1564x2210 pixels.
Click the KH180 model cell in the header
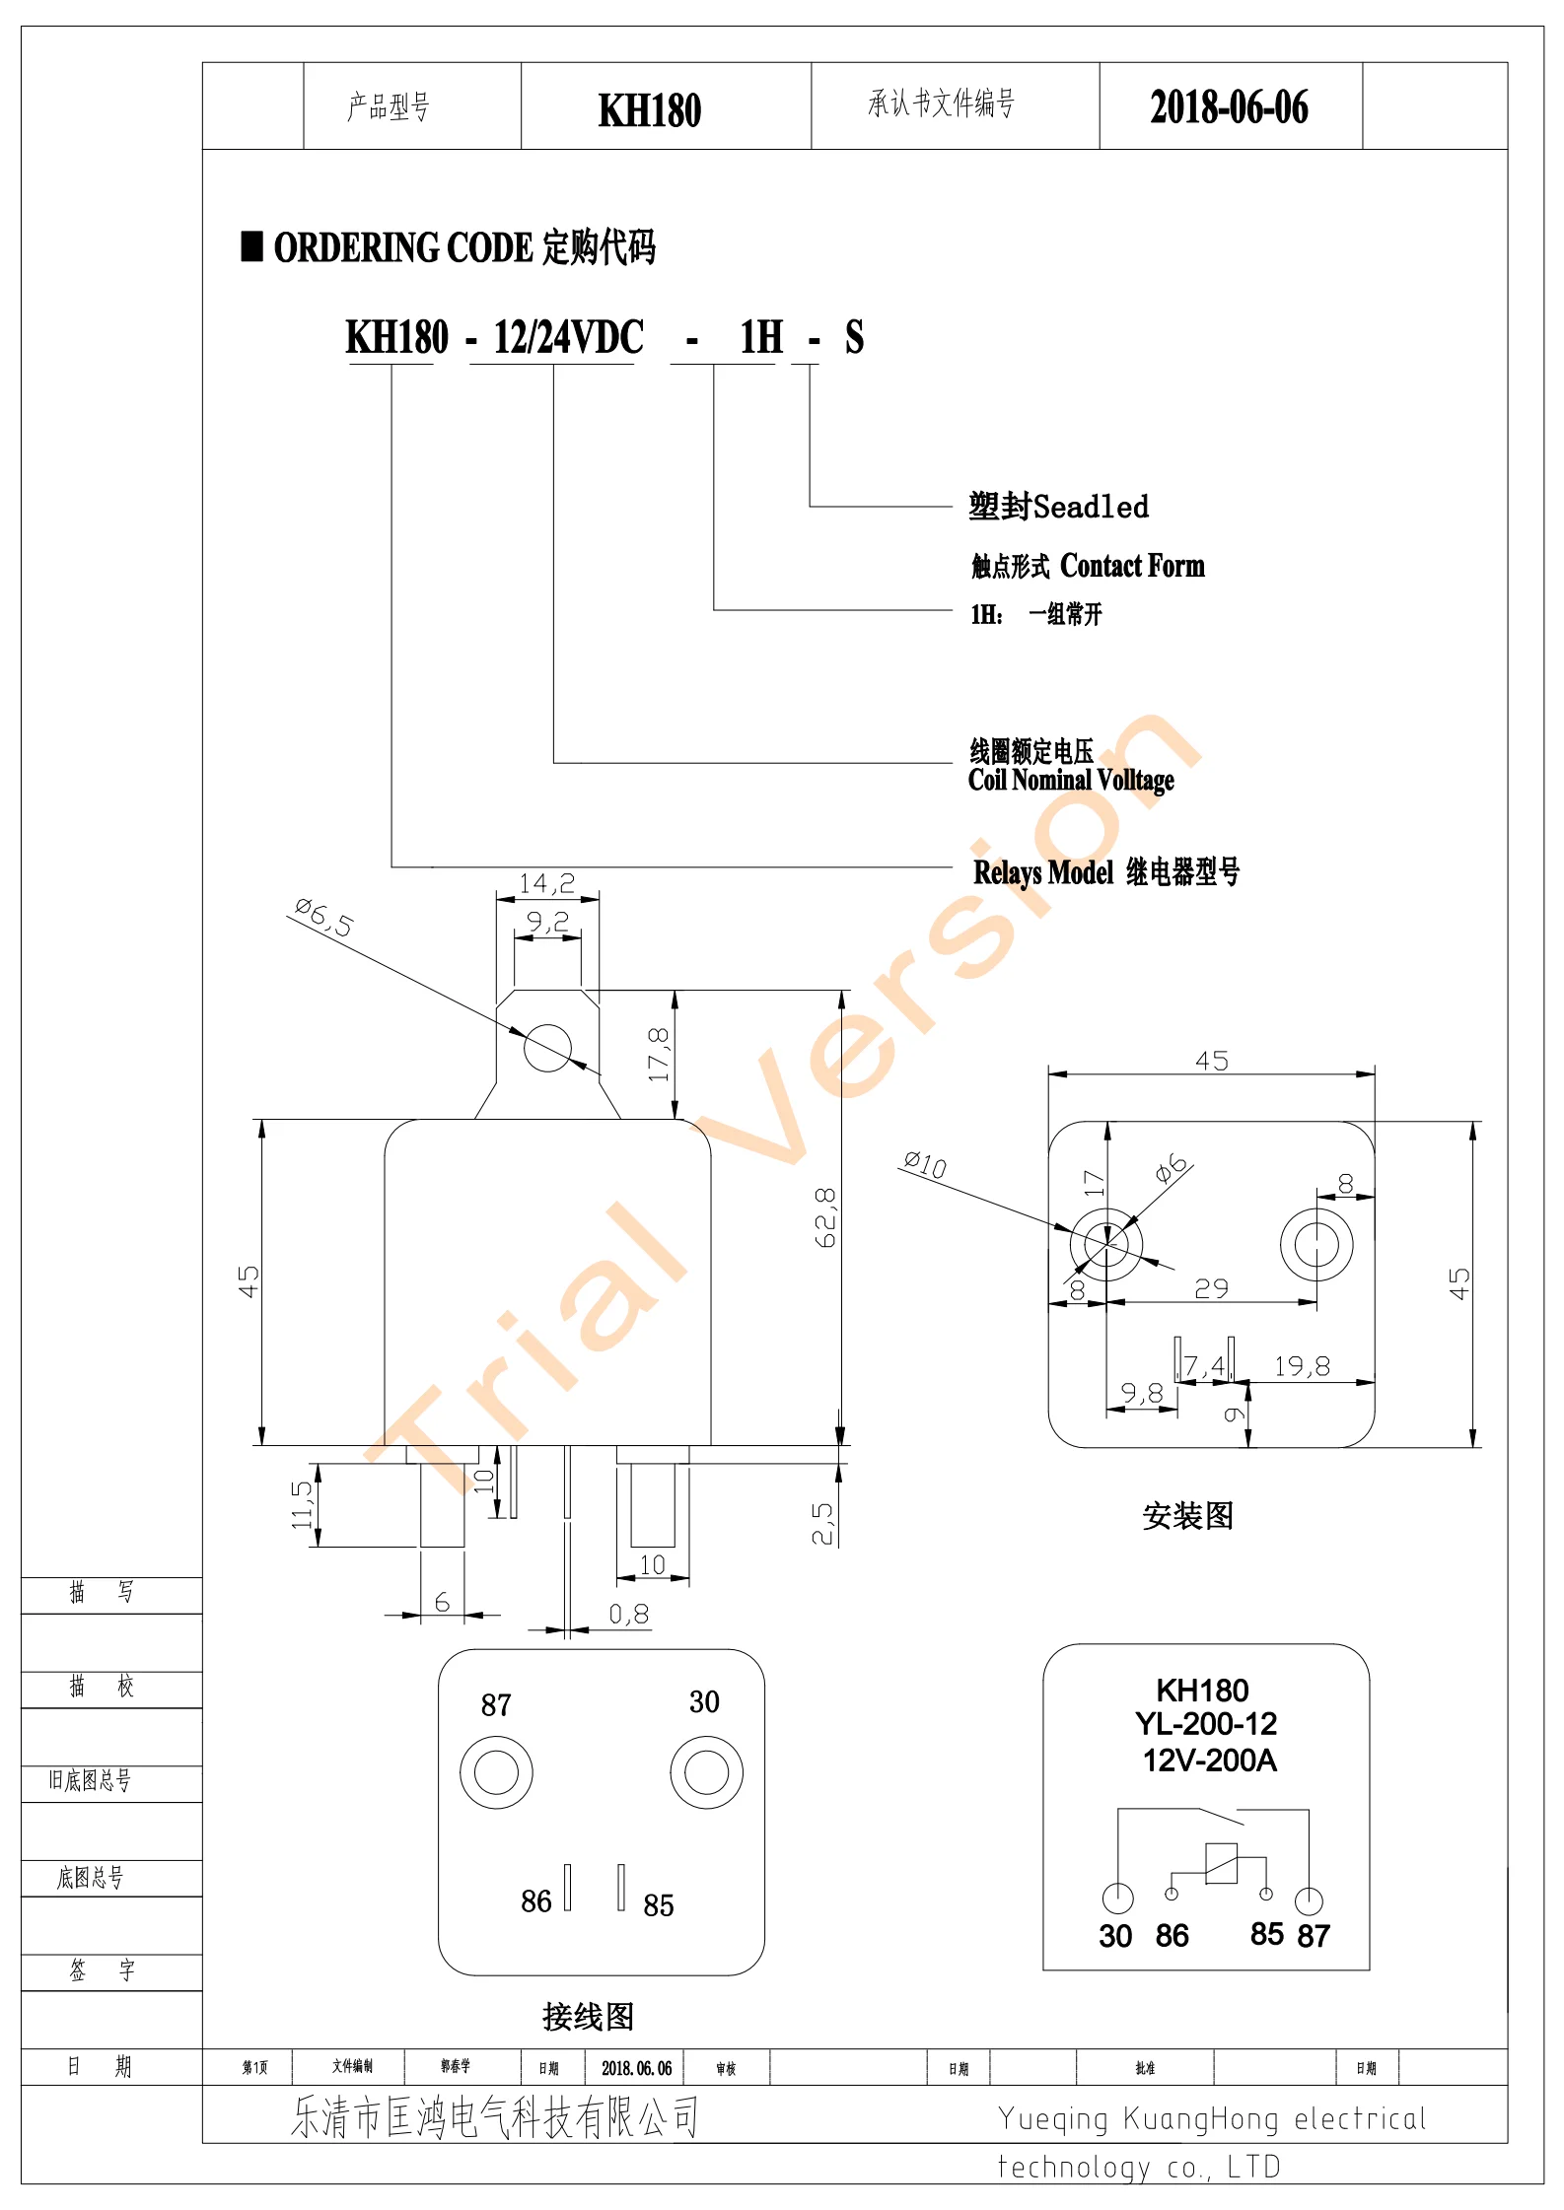point(650,109)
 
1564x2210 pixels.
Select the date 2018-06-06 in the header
point(1229,107)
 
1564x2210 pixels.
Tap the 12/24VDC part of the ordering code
point(568,338)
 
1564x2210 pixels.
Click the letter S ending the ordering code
point(854,338)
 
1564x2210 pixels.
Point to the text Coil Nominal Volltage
point(1071,781)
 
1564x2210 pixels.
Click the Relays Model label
point(1043,873)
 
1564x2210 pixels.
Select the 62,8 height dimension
point(825,1217)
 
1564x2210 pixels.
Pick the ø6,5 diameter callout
point(323,918)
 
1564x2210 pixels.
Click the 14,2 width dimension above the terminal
point(547,883)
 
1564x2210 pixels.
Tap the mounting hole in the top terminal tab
point(547,1047)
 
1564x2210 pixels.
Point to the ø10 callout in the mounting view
point(925,1165)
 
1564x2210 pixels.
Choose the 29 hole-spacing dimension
point(1211,1288)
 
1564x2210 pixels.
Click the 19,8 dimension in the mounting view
point(1302,1366)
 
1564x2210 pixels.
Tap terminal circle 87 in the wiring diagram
point(496,1772)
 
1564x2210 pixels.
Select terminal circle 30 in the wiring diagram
point(706,1772)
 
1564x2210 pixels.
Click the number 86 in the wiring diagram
point(536,1901)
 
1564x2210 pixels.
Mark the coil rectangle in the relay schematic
point(1221,1863)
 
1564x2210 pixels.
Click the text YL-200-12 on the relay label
point(1205,1724)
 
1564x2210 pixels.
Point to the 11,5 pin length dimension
point(302,1504)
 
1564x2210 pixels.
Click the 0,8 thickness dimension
point(628,1615)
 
